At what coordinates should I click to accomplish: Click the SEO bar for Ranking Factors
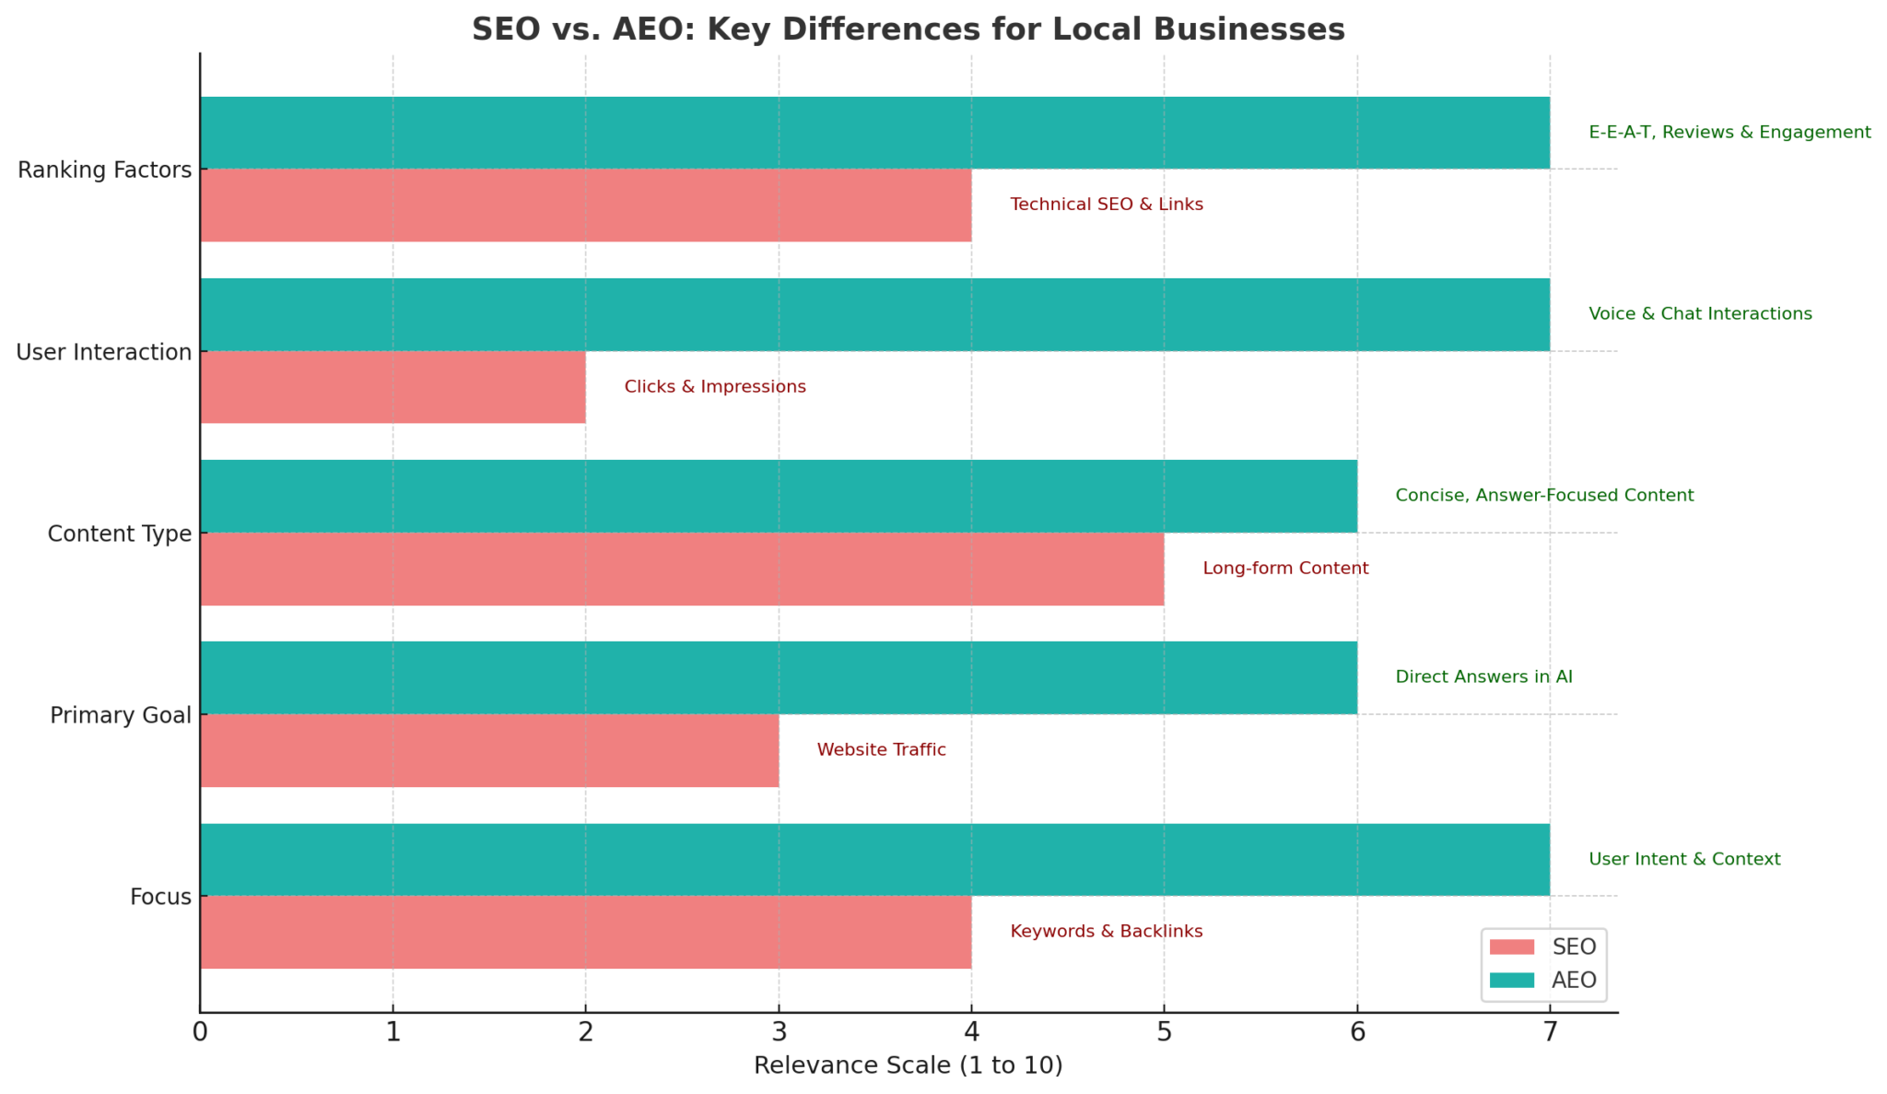pos(585,205)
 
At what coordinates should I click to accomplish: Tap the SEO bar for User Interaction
pos(393,387)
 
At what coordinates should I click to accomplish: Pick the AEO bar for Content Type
pos(778,496)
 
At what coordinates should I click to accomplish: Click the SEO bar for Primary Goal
pos(488,750)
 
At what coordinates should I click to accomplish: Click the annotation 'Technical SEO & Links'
pos(1106,205)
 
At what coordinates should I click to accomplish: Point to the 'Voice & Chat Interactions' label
pos(1700,314)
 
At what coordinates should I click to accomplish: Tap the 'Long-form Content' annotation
pos(1285,569)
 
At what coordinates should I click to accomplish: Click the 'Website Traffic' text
pos(881,750)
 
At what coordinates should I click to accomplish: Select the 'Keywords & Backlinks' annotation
pos(1106,932)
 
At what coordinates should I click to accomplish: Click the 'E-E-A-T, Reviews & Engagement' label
pos(1729,133)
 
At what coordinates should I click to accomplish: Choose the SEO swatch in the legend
pos(1512,947)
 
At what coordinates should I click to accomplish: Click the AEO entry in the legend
pos(1573,980)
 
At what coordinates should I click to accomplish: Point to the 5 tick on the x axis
pos(1164,1032)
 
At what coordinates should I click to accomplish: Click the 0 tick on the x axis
pos(200,1032)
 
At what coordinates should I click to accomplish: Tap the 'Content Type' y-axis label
pos(120,534)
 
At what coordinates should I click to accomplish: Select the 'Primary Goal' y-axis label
pos(121,715)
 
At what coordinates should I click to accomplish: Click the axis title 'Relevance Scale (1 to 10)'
pos(908,1066)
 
